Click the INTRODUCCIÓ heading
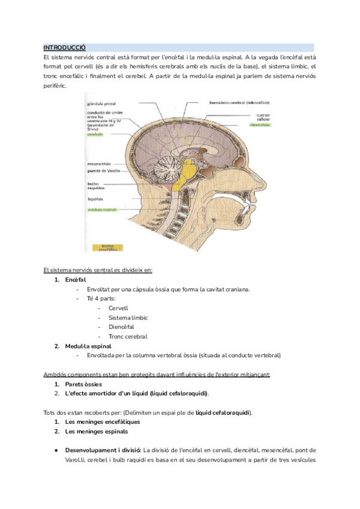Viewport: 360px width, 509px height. pos(65,47)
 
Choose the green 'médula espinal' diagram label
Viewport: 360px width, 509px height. pos(102,210)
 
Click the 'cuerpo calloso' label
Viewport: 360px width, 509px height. pos(263,116)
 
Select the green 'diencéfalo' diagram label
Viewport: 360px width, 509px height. pos(262,125)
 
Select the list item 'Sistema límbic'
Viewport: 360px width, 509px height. pos(128,318)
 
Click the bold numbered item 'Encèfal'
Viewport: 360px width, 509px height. pos(75,280)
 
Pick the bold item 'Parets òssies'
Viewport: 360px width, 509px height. pos(83,384)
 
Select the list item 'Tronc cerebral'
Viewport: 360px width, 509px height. pos(128,337)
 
